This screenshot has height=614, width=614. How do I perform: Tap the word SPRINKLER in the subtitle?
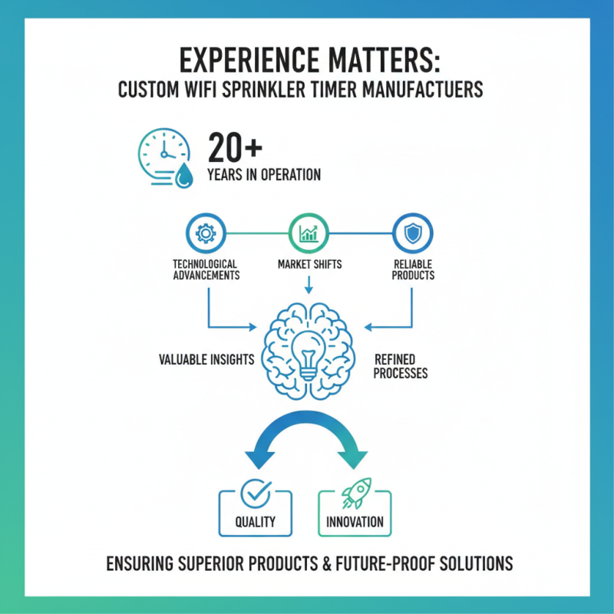click(264, 90)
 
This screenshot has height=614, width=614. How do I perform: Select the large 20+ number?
click(235, 148)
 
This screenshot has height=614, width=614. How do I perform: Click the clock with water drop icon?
click(165, 157)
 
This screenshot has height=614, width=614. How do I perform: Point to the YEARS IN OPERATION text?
click(264, 175)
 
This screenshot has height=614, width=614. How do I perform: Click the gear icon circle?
click(206, 233)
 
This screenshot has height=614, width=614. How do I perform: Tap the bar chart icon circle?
click(309, 233)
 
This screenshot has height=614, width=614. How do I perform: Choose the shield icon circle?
click(413, 233)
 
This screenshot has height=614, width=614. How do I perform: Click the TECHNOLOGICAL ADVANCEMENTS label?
click(206, 270)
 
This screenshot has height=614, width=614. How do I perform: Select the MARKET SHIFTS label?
click(309, 264)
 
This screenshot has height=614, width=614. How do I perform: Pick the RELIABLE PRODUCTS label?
click(413, 270)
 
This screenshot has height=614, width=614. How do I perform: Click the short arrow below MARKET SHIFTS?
click(309, 285)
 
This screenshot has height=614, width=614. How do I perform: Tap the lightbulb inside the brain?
click(309, 355)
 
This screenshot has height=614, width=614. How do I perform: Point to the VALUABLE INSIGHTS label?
click(206, 359)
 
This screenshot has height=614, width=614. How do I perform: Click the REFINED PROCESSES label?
click(400, 366)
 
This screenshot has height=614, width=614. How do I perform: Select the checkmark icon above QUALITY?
click(256, 494)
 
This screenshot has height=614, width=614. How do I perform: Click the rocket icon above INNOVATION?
click(356, 493)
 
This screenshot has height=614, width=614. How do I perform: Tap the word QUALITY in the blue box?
click(256, 522)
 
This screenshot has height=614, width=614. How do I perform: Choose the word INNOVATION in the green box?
click(355, 522)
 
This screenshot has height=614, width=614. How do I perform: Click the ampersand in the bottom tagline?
click(328, 564)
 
